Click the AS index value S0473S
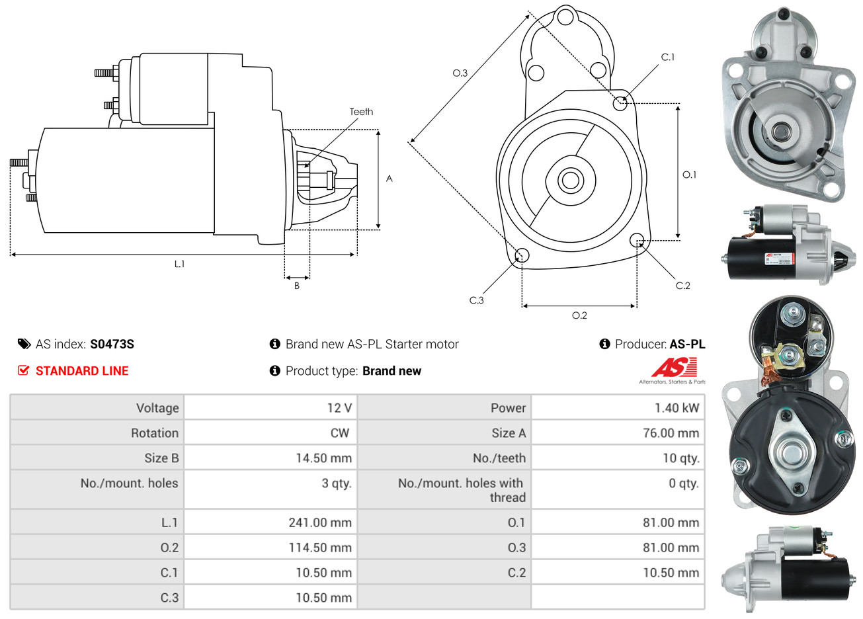112,344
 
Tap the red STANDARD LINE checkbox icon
23,370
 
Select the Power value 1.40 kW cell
677,407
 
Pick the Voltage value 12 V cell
339,407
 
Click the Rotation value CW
339,433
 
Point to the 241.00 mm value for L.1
320,522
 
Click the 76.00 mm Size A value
671,433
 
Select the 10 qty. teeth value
680,458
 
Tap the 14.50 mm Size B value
323,458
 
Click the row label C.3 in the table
169,598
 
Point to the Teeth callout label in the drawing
361,112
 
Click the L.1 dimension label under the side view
179,264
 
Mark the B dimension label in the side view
297,286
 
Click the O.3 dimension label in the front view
460,73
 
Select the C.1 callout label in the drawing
668,58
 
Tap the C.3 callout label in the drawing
476,300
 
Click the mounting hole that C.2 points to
637,239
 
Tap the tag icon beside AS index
24,344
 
